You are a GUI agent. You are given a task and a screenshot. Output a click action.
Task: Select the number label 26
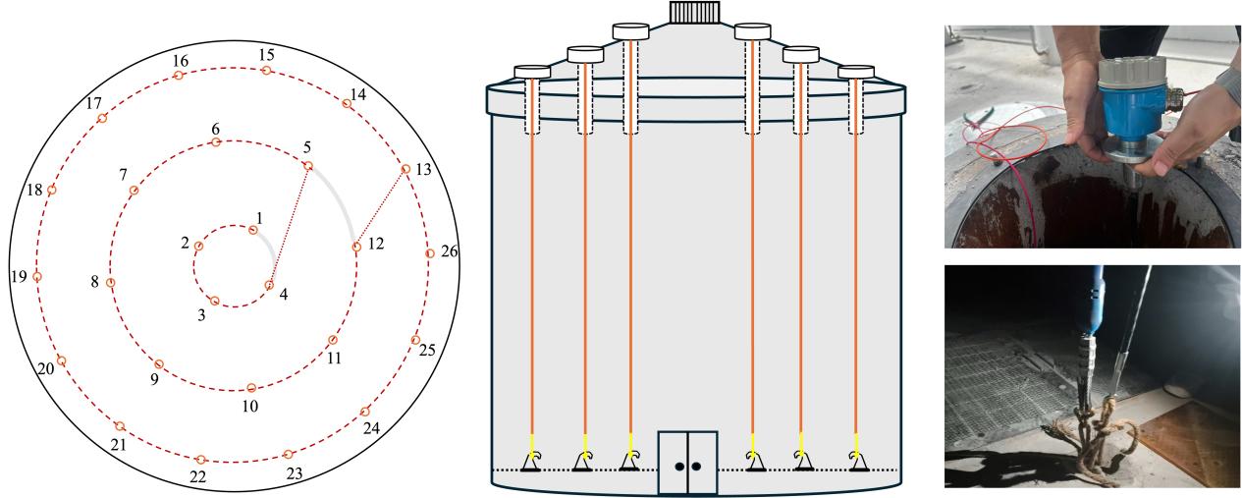(449, 252)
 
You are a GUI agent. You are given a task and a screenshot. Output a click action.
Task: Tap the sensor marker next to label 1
(253, 231)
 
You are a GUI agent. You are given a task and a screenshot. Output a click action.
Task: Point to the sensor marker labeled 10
(251, 387)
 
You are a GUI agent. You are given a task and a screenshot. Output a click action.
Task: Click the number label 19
(19, 277)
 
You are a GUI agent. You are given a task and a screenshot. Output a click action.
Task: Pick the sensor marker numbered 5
(307, 165)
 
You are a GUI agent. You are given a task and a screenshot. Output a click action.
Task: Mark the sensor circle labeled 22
(200, 460)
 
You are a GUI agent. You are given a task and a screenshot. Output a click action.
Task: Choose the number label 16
(180, 61)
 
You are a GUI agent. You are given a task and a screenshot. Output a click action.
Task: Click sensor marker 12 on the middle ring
(356, 248)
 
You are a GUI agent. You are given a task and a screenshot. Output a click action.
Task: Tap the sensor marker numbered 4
(269, 286)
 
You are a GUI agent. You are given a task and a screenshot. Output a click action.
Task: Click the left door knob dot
(678, 467)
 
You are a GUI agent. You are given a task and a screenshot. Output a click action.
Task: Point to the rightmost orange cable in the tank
(857, 285)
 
